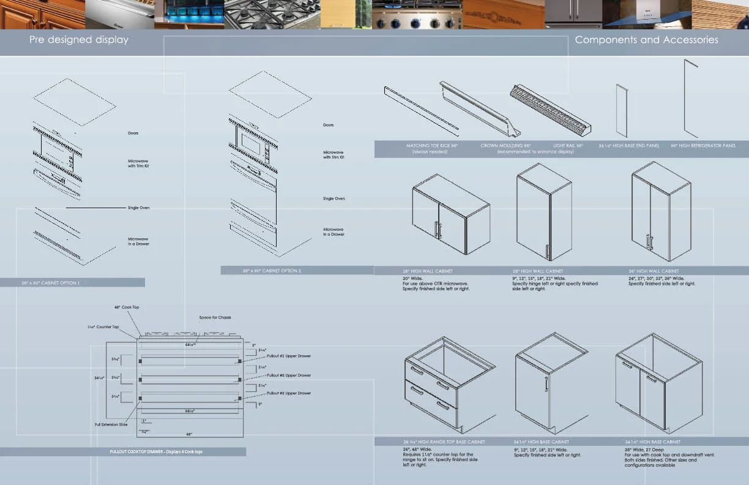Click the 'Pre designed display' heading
click(79, 40)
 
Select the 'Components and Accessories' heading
click(646, 40)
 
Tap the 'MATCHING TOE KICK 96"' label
click(432, 146)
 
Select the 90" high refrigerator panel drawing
click(691, 98)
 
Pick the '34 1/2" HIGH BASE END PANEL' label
click(628, 146)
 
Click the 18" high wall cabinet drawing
click(451, 213)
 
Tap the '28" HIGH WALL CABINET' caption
click(538, 271)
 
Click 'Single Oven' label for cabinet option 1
click(138, 208)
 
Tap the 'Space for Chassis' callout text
click(215, 317)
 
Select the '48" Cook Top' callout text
click(127, 307)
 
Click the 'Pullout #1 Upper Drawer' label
click(289, 356)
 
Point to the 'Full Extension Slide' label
click(111, 424)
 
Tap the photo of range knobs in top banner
click(416, 15)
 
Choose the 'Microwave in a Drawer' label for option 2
click(334, 231)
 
